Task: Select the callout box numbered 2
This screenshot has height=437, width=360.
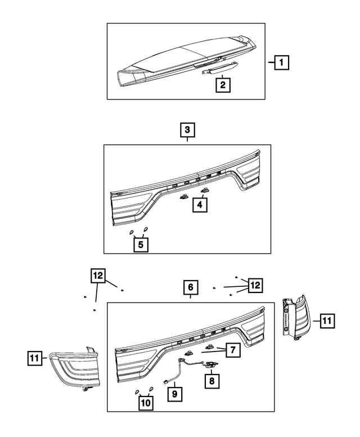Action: (x=223, y=85)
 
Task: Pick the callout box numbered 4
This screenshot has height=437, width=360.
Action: (x=200, y=205)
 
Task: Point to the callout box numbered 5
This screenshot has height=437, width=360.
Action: (x=141, y=245)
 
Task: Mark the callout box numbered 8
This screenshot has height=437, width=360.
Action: (x=211, y=381)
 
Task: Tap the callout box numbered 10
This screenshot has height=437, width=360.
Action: (x=145, y=403)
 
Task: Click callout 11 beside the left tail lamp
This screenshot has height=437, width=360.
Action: (x=35, y=357)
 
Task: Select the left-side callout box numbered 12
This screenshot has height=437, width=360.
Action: (x=98, y=276)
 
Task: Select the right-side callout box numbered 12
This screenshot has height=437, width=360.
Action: (x=255, y=286)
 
